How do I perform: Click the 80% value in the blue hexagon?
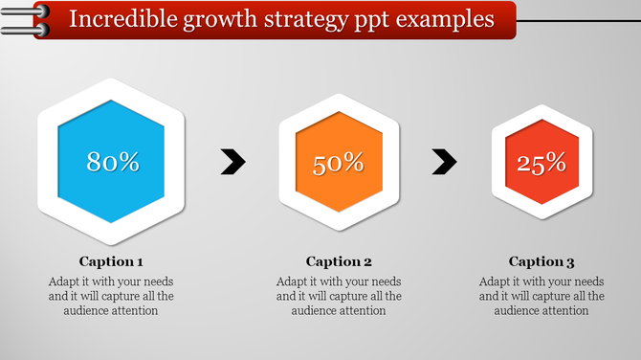[113, 162]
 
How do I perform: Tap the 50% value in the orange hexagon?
[339, 163]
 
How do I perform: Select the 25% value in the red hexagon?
[542, 164]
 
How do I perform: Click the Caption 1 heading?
[111, 261]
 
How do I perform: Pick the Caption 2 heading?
[339, 261]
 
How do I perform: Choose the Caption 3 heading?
[542, 261]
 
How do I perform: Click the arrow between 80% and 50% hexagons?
[232, 162]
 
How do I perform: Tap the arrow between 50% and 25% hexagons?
[443, 162]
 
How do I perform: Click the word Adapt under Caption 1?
[64, 282]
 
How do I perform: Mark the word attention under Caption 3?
[564, 310]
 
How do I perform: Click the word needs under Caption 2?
[383, 281]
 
